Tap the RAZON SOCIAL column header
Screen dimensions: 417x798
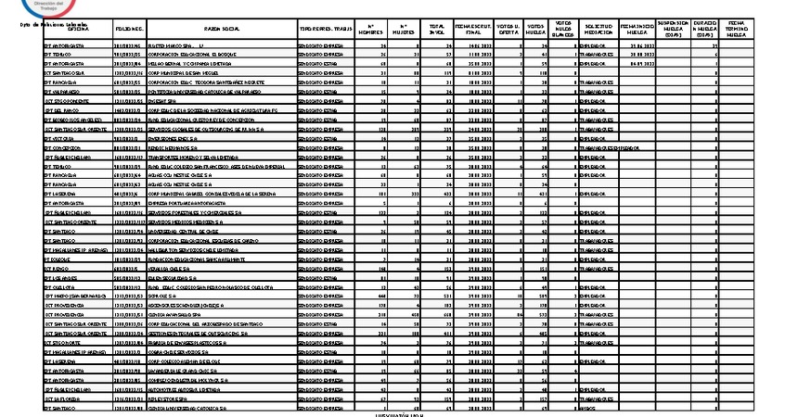(x=217, y=29)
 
